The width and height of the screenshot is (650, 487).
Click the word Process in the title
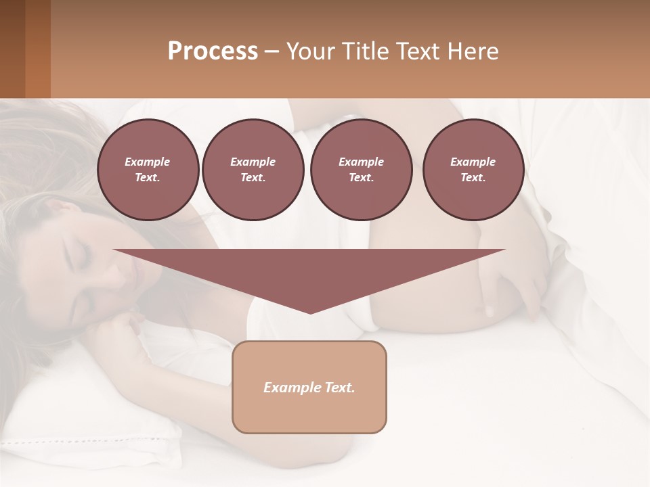pyautogui.click(x=213, y=51)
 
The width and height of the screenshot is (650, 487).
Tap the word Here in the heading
pyautogui.click(x=472, y=51)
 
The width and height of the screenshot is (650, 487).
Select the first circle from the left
pyautogui.click(x=148, y=170)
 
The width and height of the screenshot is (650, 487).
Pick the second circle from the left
pyautogui.click(x=253, y=170)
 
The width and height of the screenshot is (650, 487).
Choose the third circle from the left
pyautogui.click(x=361, y=170)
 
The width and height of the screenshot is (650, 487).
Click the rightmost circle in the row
pyautogui.click(x=473, y=170)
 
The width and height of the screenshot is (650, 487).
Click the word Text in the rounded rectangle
pyautogui.click(x=339, y=388)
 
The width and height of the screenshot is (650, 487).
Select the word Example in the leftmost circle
pyautogui.click(x=148, y=162)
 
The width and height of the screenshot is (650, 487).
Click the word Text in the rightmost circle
pyautogui.click(x=473, y=178)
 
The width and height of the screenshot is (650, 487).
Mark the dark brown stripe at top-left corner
pyautogui.click(x=12, y=49)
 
